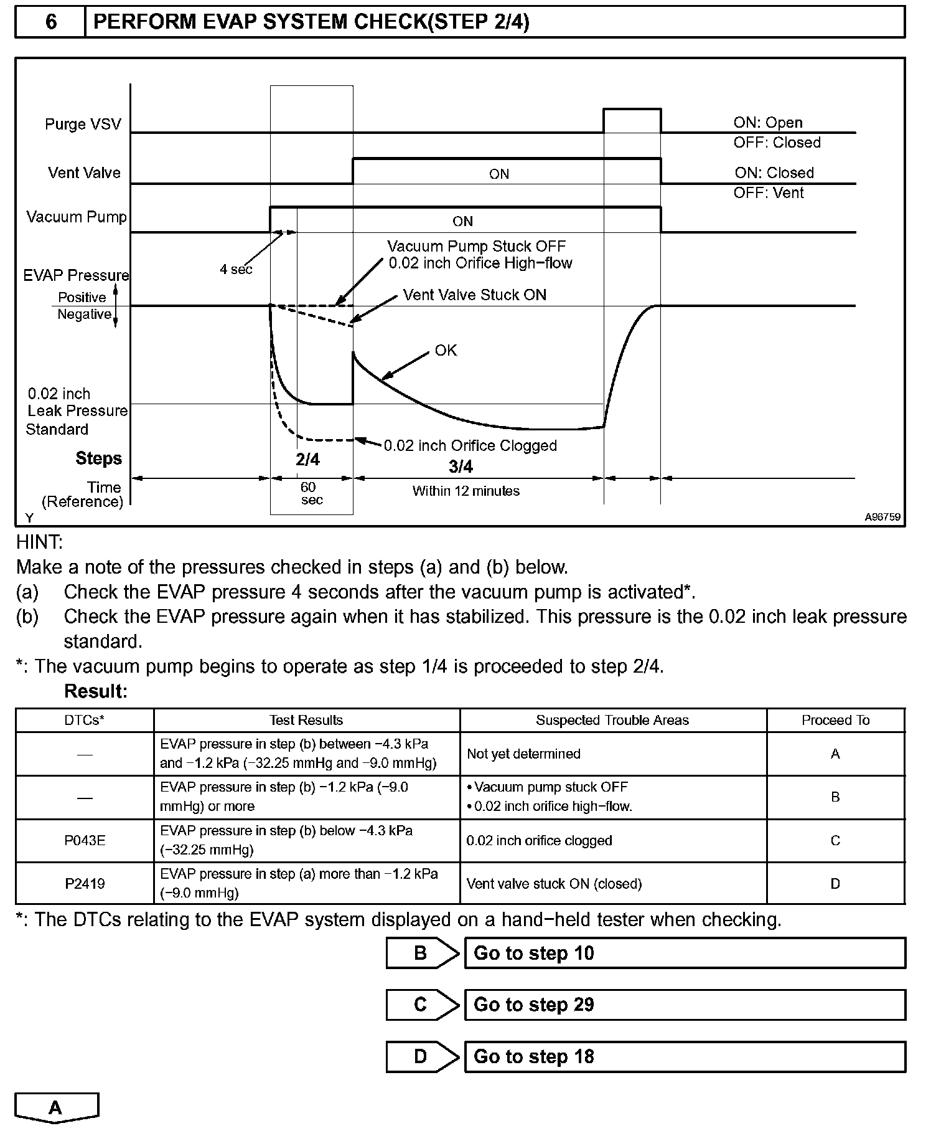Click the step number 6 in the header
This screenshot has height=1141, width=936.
(50, 22)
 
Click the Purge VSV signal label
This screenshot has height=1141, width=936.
(83, 124)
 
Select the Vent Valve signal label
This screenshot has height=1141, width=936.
(84, 173)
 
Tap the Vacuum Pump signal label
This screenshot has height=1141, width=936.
(76, 217)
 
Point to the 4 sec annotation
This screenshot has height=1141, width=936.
(236, 269)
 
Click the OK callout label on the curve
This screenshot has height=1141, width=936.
(446, 351)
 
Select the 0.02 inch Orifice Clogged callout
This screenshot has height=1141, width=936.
(470, 445)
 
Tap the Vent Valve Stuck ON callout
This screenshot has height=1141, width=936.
(474, 295)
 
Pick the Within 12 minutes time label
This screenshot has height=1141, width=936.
(466, 491)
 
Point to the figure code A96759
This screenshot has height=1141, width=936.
(882, 517)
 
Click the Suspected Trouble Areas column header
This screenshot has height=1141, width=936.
(612, 720)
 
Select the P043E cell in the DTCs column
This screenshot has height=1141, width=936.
(85, 840)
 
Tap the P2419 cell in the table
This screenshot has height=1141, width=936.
(85, 883)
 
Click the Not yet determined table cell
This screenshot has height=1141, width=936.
(523, 754)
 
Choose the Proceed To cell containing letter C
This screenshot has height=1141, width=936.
(835, 840)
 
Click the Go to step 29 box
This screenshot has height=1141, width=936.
(685, 1005)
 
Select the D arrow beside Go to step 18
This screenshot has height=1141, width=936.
(421, 1056)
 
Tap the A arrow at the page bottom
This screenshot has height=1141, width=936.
(56, 1108)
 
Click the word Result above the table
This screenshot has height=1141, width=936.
(95, 691)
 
